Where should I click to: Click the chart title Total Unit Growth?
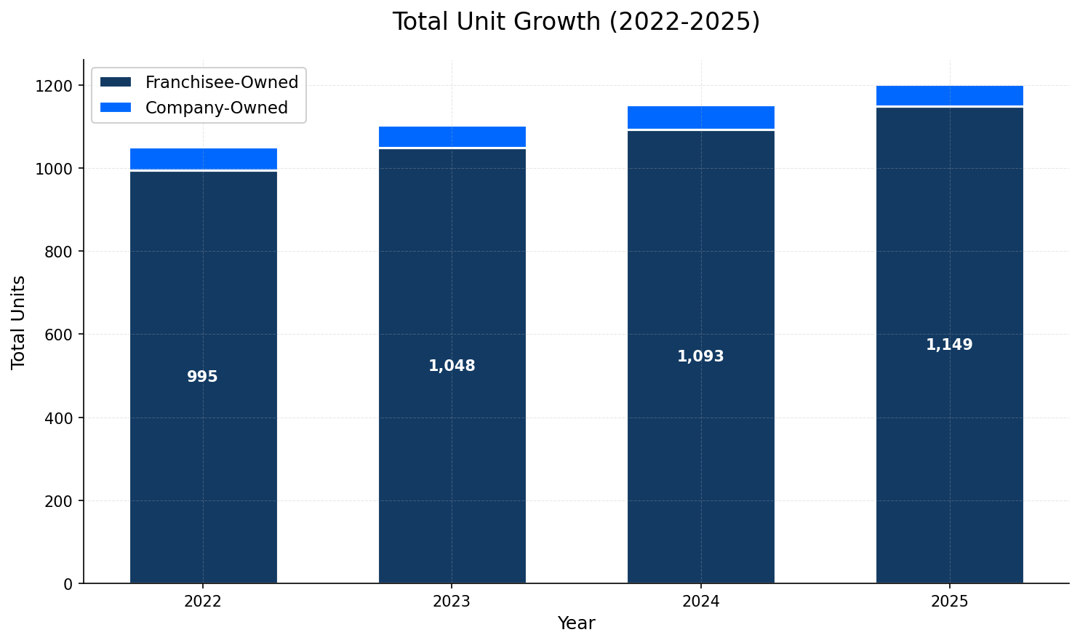[x=576, y=22]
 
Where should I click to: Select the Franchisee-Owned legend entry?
[x=221, y=82]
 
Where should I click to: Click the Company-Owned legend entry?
[x=216, y=108]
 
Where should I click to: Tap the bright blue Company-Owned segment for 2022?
[x=204, y=159]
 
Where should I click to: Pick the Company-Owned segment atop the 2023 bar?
[x=452, y=136]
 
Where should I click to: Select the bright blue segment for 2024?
[x=701, y=117]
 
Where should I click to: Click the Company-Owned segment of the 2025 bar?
[x=950, y=95]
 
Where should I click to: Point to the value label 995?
[x=202, y=377]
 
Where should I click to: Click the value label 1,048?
[x=452, y=366]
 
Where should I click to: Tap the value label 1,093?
[x=700, y=356]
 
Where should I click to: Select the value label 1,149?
[x=949, y=345]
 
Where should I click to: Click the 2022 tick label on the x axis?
[x=203, y=602]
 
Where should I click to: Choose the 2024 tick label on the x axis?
[x=700, y=602]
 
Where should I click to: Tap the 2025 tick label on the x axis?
[x=949, y=602]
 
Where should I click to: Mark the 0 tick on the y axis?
[x=69, y=583]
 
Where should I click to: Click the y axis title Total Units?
[x=19, y=322]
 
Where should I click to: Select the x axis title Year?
[x=576, y=623]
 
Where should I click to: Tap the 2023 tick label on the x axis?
[x=452, y=602]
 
